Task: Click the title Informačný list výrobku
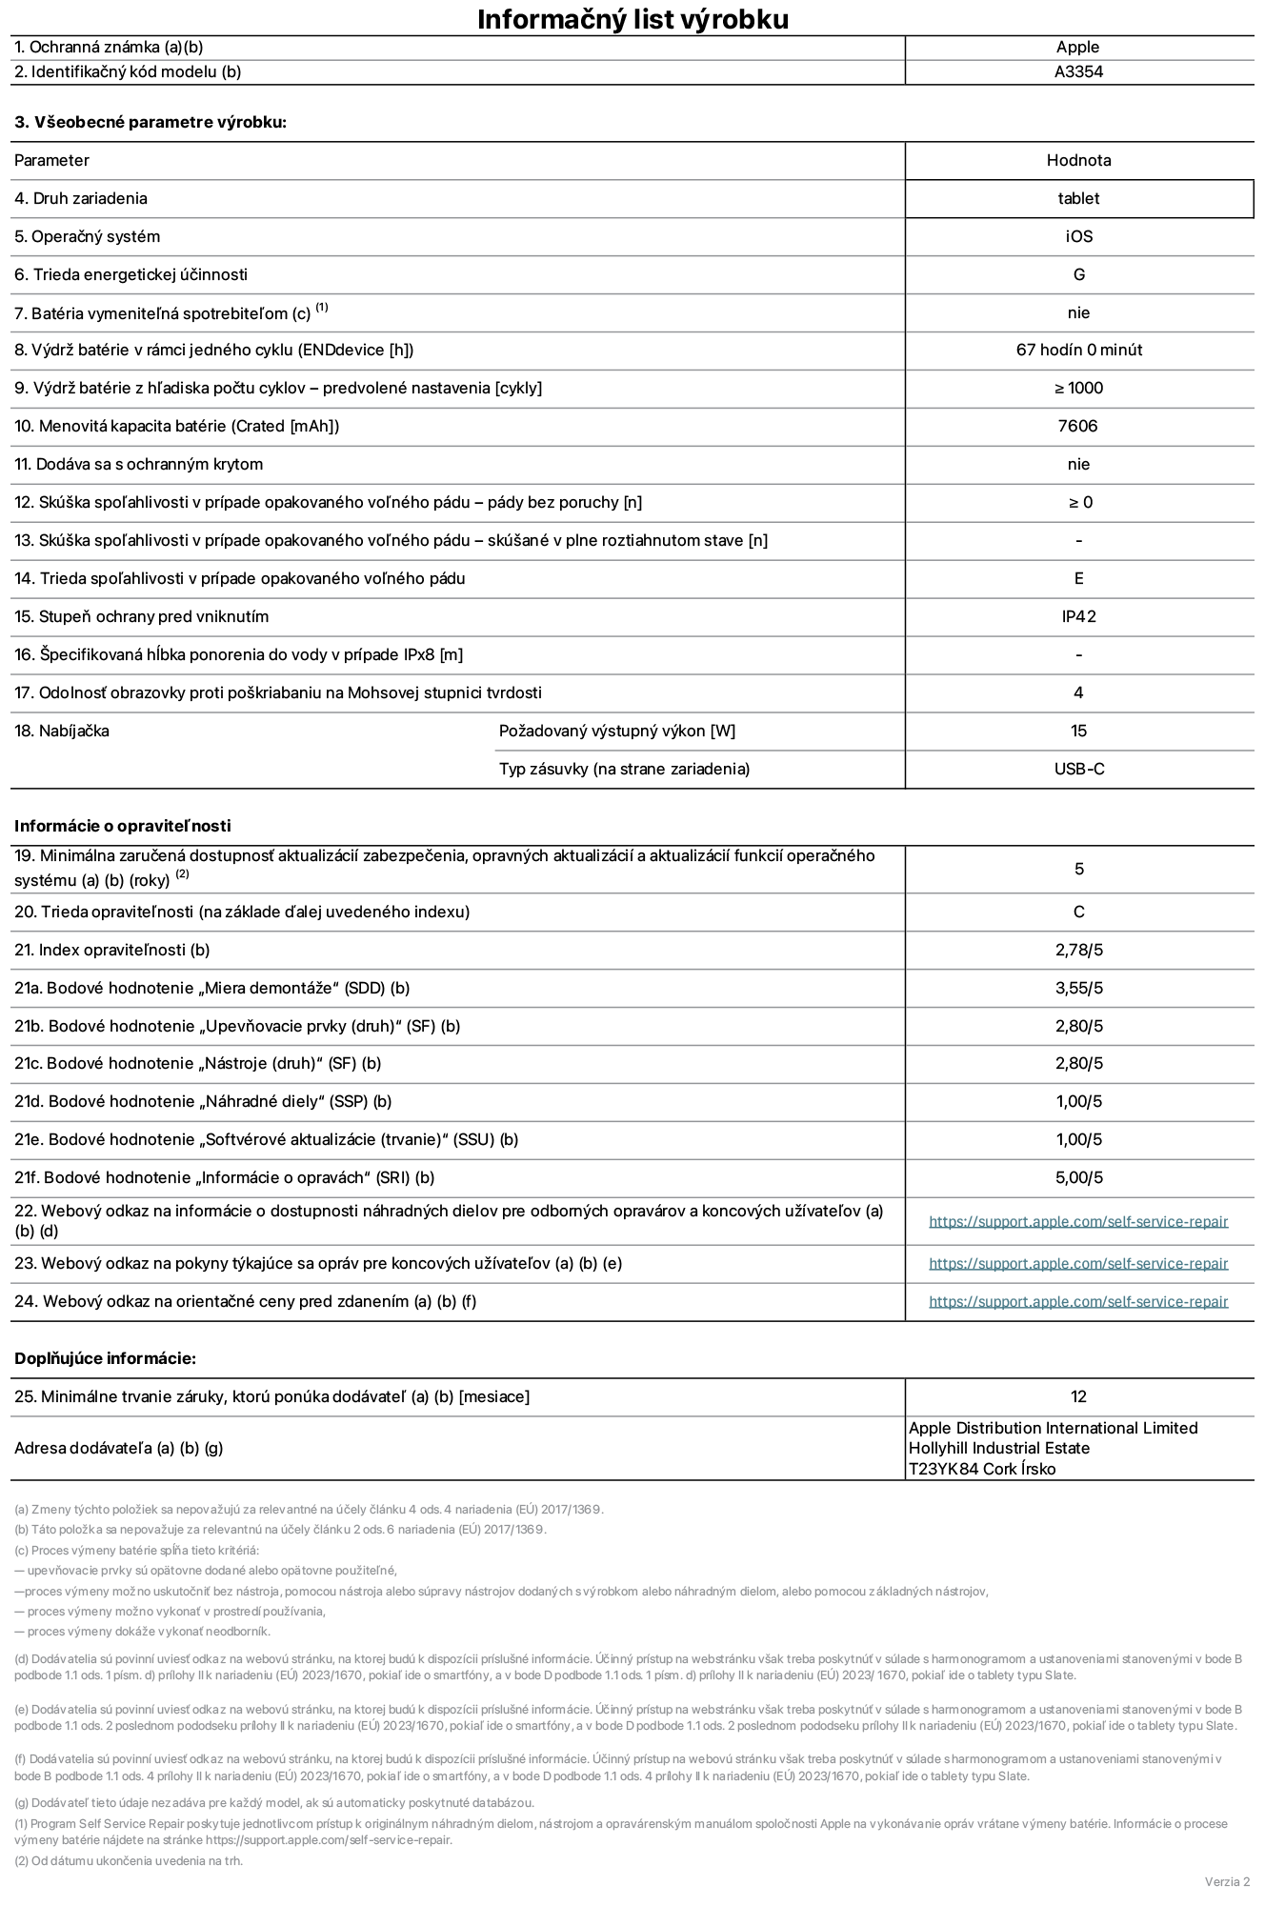632,19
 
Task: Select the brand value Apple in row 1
1077,47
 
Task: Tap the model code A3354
1078,71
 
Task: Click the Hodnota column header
1078,160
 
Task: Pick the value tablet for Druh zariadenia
1078,198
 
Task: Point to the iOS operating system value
1078,236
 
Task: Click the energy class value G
1078,274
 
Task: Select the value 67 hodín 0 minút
1078,350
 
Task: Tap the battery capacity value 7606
1077,426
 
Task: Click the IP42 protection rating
1078,616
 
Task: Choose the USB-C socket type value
1078,769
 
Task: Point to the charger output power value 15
1078,731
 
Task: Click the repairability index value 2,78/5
1078,950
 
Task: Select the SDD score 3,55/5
1078,988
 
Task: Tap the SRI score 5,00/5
1078,1177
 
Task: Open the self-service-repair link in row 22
1078,1221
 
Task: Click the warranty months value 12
1078,1396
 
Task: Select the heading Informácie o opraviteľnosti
123,826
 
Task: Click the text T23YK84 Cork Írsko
982,1469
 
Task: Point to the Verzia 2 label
1227,1881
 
